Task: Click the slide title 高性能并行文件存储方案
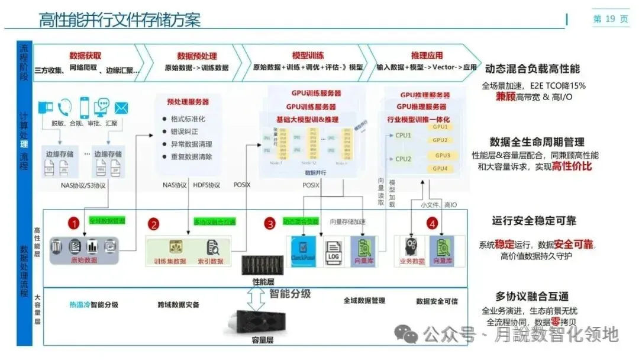point(120,20)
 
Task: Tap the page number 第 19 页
point(611,20)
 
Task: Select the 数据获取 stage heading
point(85,56)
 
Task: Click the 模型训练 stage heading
point(308,56)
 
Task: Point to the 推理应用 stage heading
point(427,56)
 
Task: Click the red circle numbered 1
point(73,223)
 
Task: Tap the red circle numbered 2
point(154,224)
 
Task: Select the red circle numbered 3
point(270,224)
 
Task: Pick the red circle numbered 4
point(433,224)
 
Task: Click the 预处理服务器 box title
point(188,102)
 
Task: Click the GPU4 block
point(441,169)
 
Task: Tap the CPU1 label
point(403,136)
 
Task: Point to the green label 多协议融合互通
point(215,222)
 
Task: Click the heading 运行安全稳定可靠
point(534,221)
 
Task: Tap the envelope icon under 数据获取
point(122,108)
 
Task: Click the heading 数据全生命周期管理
point(537,142)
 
